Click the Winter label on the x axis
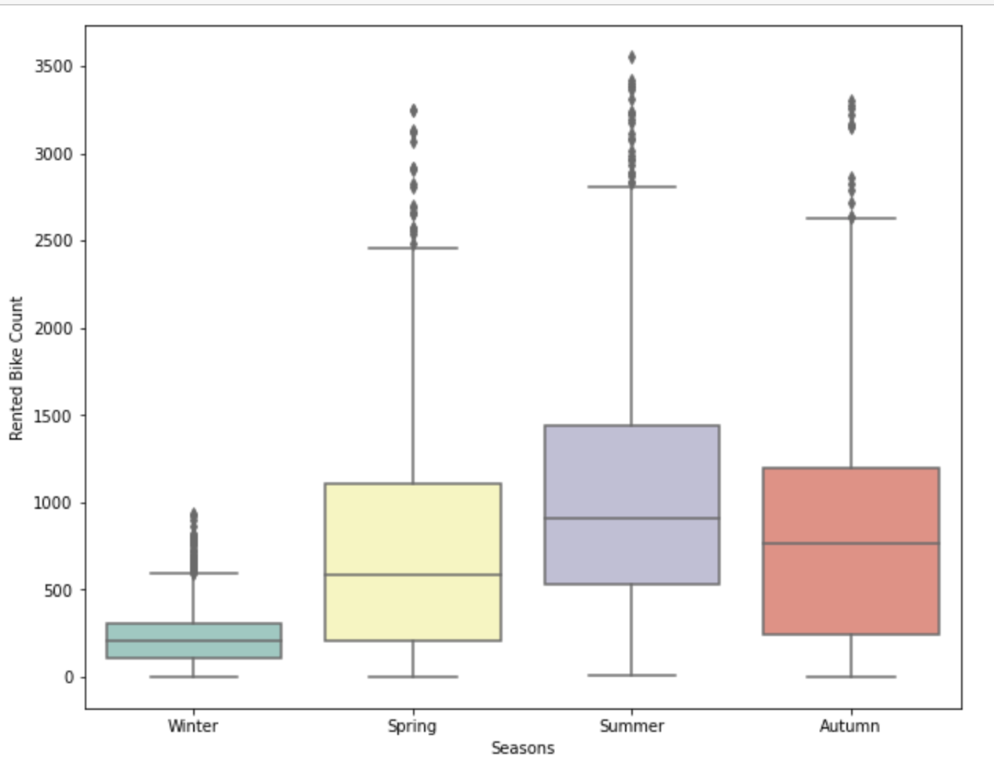(193, 726)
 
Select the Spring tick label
(412, 726)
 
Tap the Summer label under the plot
(631, 726)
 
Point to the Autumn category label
(850, 726)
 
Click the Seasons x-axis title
(523, 748)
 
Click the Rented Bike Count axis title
(16, 368)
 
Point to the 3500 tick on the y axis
(53, 67)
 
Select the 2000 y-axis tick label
(53, 329)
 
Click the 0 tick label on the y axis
(68, 678)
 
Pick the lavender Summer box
(631, 471)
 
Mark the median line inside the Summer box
(631, 518)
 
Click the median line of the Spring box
(412, 575)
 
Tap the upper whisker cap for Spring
(412, 248)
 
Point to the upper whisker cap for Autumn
(850, 218)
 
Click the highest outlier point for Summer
(631, 57)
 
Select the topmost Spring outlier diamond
(413, 111)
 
